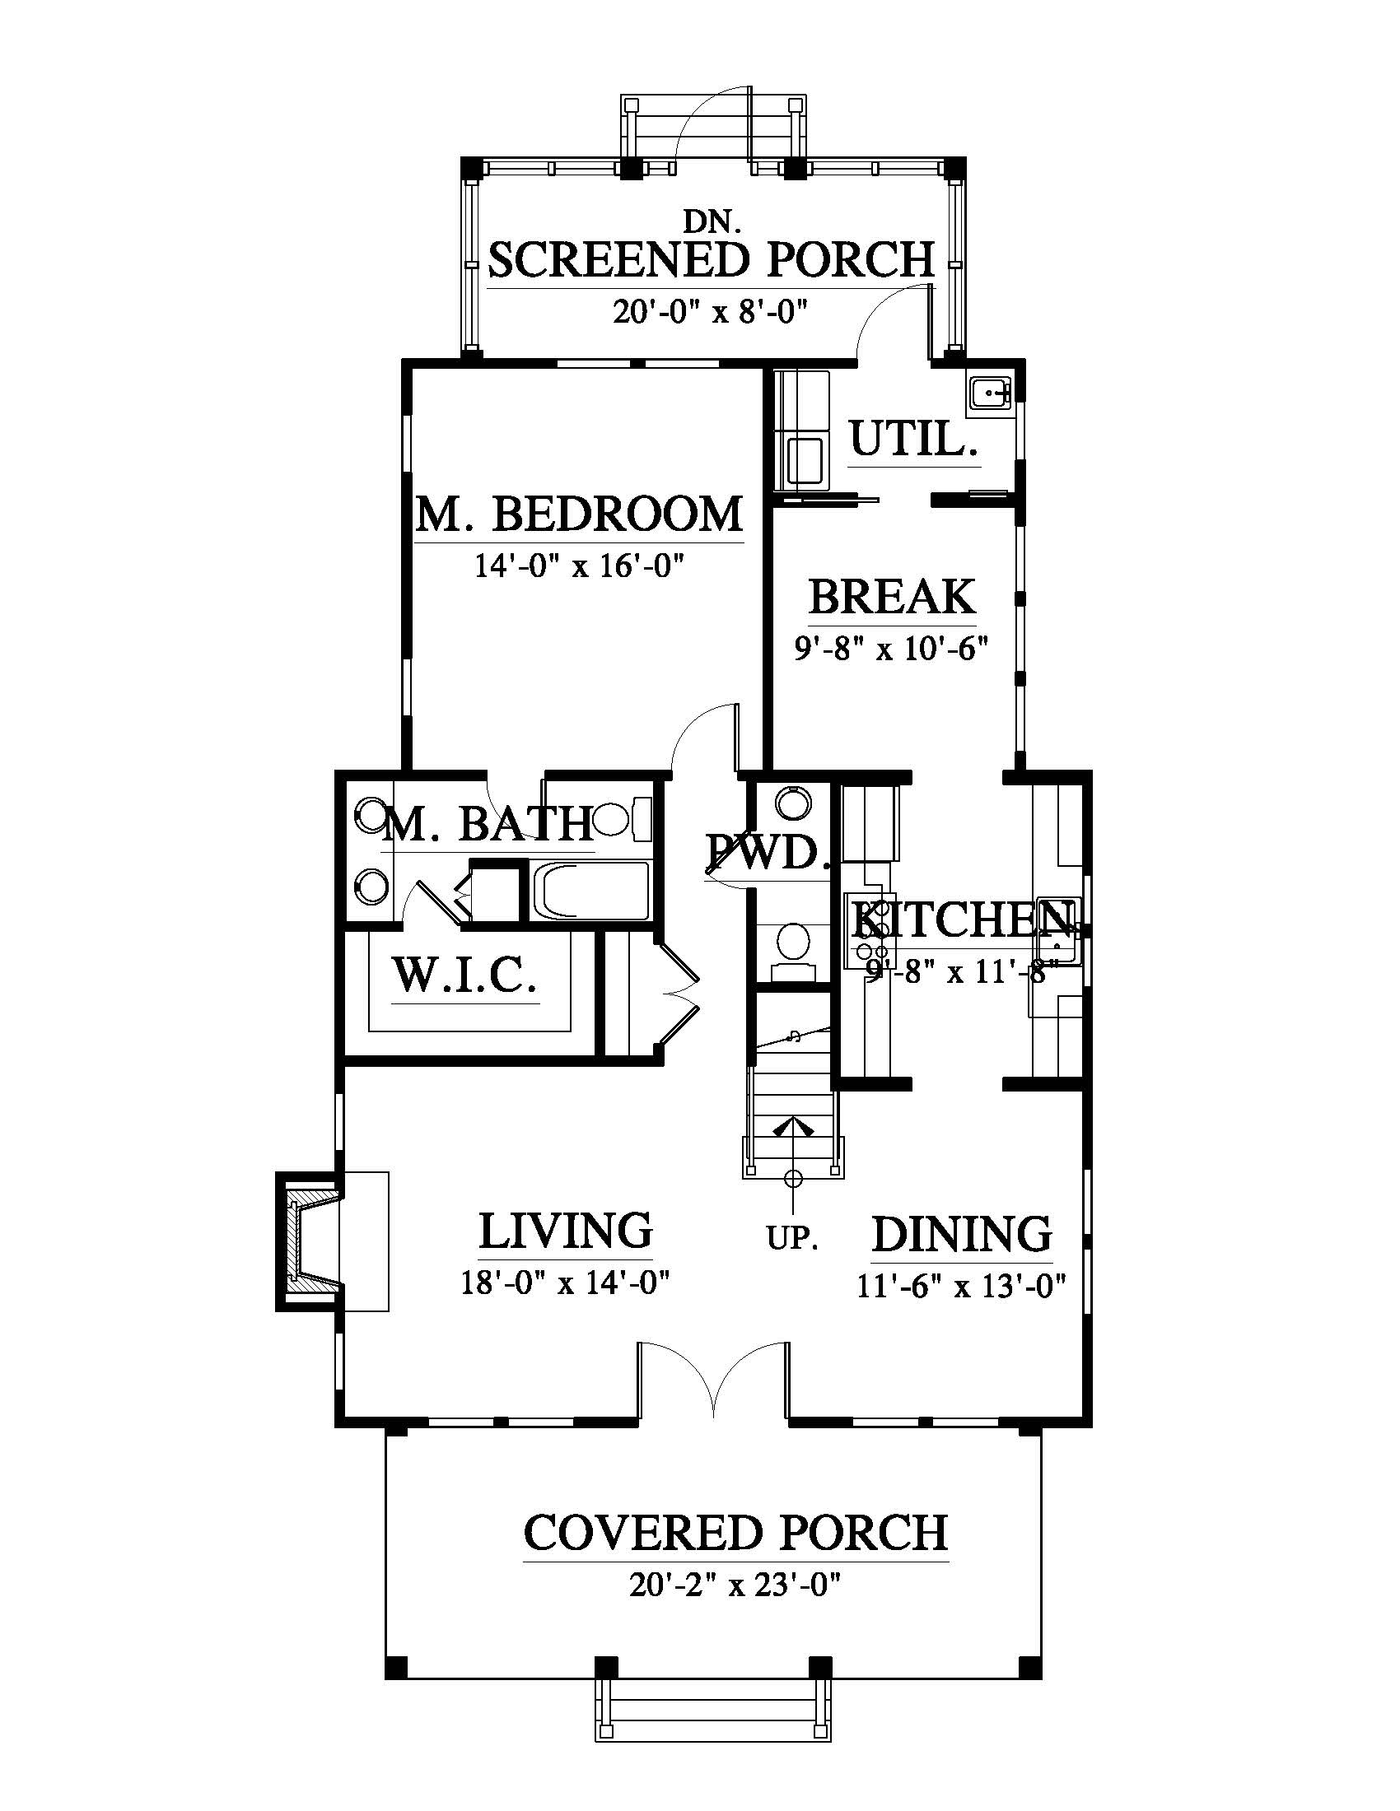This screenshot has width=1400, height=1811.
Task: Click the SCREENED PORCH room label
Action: (711, 259)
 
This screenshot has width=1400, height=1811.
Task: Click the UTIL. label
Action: (914, 440)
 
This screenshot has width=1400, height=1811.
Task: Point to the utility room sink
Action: (989, 392)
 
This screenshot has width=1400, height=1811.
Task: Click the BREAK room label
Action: (892, 595)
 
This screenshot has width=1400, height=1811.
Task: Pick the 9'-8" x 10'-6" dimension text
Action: (892, 648)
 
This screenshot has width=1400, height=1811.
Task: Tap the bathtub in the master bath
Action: (590, 892)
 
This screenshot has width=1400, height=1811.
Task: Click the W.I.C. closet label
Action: (464, 975)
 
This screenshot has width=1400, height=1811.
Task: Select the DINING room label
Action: (962, 1235)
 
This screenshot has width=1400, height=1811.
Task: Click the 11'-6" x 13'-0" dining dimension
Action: (961, 1286)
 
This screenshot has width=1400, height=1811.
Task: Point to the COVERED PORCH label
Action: (736, 1533)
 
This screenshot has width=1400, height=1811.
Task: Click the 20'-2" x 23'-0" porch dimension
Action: (736, 1585)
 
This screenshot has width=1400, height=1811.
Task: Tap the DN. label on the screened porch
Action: (712, 221)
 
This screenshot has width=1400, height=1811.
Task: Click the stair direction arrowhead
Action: (794, 1126)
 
